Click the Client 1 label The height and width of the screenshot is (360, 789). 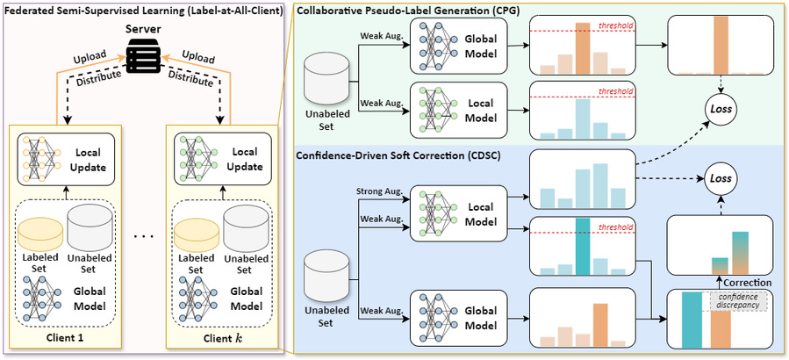point(66,339)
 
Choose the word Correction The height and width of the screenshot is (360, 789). point(747,283)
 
